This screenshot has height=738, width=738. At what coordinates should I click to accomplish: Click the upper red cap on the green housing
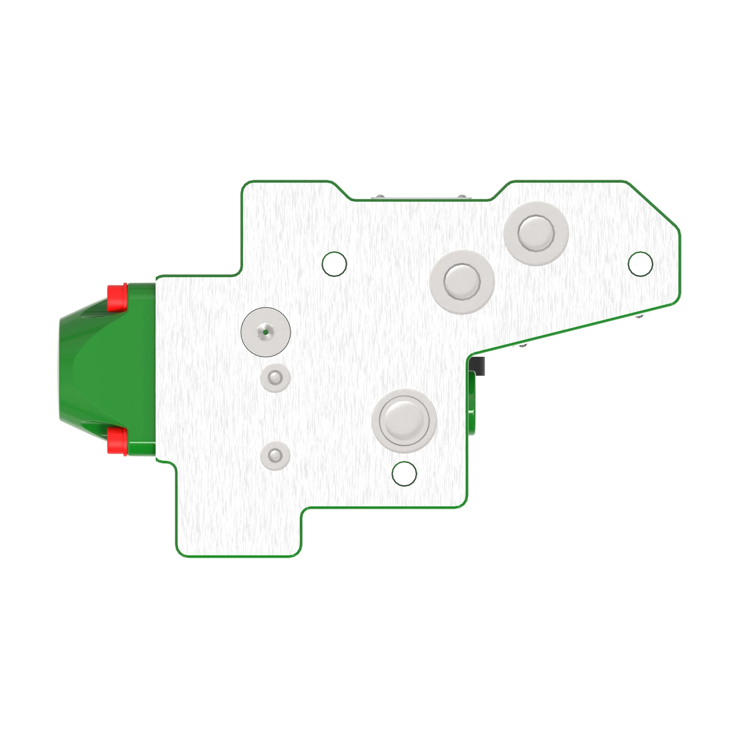[x=117, y=297]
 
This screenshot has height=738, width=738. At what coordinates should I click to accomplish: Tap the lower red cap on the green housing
[x=117, y=440]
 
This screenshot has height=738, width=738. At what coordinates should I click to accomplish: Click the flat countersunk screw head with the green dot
[x=265, y=332]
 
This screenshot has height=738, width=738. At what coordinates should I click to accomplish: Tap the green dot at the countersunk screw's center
[x=265, y=332]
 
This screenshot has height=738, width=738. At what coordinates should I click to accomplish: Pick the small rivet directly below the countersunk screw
[x=275, y=378]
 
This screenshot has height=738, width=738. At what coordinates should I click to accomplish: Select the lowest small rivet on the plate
[x=275, y=455]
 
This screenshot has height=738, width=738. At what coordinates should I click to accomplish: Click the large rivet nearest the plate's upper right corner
[x=536, y=233]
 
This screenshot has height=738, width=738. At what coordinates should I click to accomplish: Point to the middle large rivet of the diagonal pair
[x=462, y=282]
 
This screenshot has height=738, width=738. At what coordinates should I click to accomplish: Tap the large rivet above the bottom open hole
[x=404, y=421]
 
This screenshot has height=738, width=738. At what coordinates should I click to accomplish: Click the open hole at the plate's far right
[x=640, y=264]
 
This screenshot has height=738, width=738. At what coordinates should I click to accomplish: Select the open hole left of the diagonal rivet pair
[x=334, y=264]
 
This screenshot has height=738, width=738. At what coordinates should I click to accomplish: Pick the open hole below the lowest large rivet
[x=404, y=474]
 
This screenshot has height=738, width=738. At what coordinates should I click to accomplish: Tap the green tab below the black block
[x=472, y=405]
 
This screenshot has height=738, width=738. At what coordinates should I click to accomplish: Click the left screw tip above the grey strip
[x=379, y=196]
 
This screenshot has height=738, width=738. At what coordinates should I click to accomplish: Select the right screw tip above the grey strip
[x=462, y=196]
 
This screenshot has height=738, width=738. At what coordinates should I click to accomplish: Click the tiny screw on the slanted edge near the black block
[x=523, y=346]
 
